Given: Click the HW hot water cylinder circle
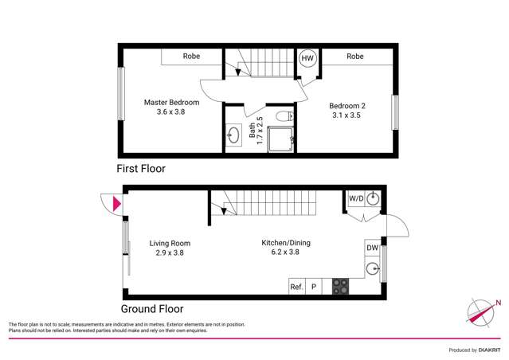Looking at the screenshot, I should tap(307, 57).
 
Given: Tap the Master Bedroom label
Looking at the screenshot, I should tap(171, 103).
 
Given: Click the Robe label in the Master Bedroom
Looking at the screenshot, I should tap(191, 57).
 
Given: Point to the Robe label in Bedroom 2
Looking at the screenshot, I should tap(355, 57).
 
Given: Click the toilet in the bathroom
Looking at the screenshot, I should tap(282, 117).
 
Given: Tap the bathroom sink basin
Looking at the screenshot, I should tap(233, 135).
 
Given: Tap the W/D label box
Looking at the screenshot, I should tap(355, 199).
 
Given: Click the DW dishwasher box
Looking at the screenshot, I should tap(372, 248).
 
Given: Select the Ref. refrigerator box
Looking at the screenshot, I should tap(296, 287).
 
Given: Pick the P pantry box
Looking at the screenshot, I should tap(314, 287).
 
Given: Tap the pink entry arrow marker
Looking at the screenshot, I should tap(118, 205).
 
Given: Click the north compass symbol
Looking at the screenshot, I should tap(484, 311).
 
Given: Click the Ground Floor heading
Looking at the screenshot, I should tap(152, 309).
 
